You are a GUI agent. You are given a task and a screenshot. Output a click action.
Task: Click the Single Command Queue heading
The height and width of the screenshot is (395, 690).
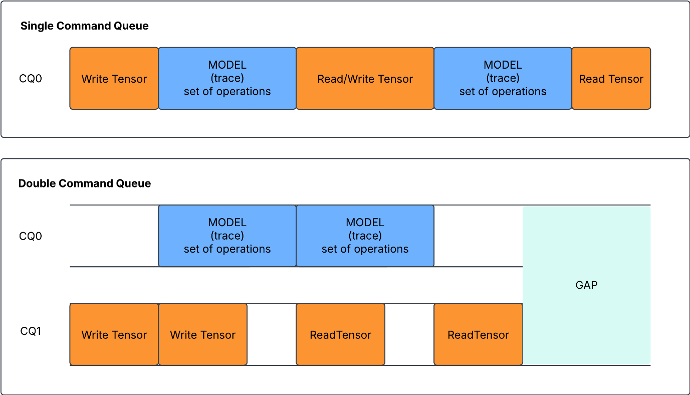tap(84, 26)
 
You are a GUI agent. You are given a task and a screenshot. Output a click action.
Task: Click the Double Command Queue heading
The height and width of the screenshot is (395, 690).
tap(84, 183)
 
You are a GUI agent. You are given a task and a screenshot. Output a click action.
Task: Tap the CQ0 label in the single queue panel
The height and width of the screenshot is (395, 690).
tap(31, 79)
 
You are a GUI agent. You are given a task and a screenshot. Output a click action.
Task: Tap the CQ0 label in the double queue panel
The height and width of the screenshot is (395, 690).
tap(31, 236)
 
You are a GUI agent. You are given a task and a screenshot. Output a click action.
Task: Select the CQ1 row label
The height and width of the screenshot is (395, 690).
tap(31, 331)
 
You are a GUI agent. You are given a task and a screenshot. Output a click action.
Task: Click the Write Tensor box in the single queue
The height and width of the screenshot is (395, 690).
tap(114, 79)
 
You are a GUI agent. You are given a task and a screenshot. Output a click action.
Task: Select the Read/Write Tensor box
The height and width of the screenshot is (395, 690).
tap(365, 79)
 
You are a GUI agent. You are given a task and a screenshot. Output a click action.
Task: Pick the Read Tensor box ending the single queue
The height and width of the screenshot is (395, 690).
tap(611, 79)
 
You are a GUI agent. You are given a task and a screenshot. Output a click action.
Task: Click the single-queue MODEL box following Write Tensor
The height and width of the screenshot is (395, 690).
tap(227, 78)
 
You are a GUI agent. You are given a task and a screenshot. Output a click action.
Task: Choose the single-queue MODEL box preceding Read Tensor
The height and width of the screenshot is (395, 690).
tap(503, 78)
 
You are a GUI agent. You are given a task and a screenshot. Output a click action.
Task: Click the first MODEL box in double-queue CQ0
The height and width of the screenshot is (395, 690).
tap(227, 236)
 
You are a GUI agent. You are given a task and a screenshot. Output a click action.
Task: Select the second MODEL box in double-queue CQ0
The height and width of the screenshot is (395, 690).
tap(365, 236)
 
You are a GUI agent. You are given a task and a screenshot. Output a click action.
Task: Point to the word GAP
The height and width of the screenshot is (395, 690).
tap(586, 285)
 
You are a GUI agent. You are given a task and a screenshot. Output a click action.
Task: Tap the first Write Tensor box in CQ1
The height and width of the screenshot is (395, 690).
tap(114, 334)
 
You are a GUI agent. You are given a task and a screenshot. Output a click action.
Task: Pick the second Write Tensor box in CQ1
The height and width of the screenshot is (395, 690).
tap(202, 334)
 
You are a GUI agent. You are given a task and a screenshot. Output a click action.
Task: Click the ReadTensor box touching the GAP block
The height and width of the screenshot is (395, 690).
tap(478, 334)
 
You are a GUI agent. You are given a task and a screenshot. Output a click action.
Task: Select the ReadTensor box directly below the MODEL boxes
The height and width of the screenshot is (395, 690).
tap(340, 334)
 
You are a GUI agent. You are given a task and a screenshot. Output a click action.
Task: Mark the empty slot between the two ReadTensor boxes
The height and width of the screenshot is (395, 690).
tap(409, 334)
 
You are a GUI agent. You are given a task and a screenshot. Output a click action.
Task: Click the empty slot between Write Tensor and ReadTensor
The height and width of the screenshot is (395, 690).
tap(272, 334)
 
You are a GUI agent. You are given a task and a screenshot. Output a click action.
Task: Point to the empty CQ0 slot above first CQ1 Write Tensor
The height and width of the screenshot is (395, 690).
tap(114, 236)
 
